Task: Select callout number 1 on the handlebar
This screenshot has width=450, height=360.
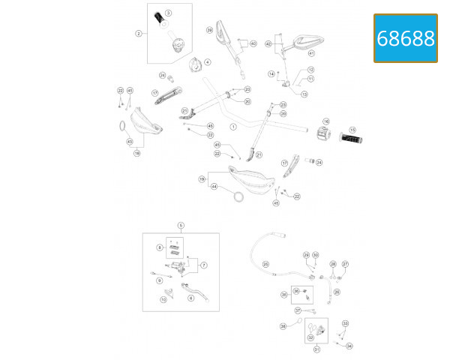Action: pyautogui.click(x=233, y=127)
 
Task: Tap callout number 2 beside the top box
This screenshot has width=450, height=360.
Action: pyautogui.click(x=139, y=33)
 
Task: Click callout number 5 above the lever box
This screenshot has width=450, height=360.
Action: pyautogui.click(x=181, y=225)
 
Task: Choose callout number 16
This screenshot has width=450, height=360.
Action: pyautogui.click(x=326, y=121)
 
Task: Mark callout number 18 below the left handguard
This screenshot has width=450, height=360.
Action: pyautogui.click(x=136, y=152)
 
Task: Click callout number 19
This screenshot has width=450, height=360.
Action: pyautogui.click(x=202, y=179)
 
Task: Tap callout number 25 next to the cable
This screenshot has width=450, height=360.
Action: pyautogui.click(x=265, y=264)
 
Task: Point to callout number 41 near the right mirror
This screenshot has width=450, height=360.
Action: pyautogui.click(x=311, y=54)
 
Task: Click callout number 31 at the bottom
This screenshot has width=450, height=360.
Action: pyautogui.click(x=316, y=349)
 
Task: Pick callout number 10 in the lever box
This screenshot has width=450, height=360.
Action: pyautogui.click(x=163, y=299)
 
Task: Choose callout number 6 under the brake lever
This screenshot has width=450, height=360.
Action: pyautogui.click(x=190, y=298)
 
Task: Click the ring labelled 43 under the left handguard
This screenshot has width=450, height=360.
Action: pyautogui.click(x=121, y=126)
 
